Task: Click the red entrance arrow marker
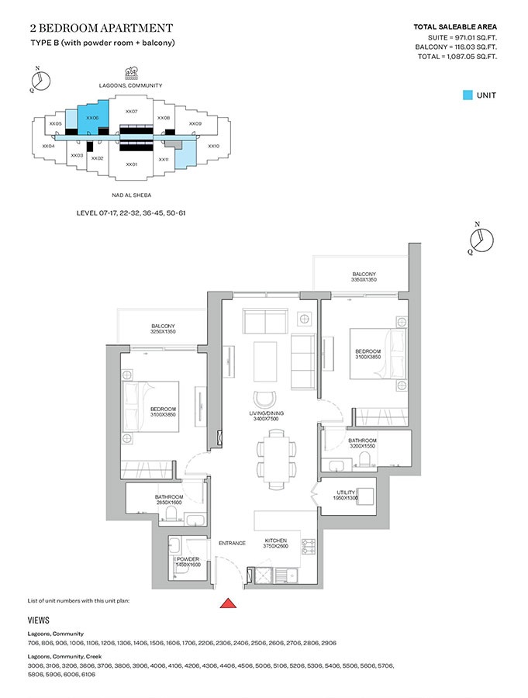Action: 229,603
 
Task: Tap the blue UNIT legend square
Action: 467,95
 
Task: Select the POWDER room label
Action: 189,562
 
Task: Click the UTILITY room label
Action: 346,495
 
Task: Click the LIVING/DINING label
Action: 266,416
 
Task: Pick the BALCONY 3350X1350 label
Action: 364,277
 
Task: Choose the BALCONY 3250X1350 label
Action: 163,329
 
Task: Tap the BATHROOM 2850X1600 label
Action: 168,499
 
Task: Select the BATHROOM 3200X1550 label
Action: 362,444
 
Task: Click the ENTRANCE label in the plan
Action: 232,543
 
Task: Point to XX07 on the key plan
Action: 131,112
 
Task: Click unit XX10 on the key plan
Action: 214,145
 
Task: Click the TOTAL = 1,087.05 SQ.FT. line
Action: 457,57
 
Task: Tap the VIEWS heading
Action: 39,620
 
